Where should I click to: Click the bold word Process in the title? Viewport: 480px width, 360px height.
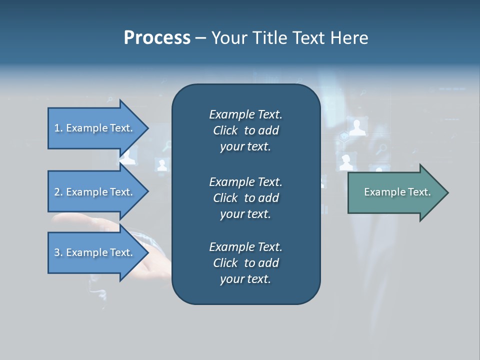coord(157,38)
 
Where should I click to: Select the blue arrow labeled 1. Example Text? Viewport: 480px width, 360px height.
coord(93,128)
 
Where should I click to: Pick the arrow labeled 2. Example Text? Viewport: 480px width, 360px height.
coord(93,192)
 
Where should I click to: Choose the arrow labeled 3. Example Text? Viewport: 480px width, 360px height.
coord(93,252)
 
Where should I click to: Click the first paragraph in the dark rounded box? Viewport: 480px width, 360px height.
coord(245,130)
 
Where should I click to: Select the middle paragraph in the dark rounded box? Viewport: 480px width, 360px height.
coord(245,197)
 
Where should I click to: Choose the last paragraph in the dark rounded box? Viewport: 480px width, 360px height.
coord(245,263)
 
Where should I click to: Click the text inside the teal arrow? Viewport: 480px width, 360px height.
coord(397,192)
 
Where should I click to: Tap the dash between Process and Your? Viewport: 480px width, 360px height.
coord(201,38)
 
